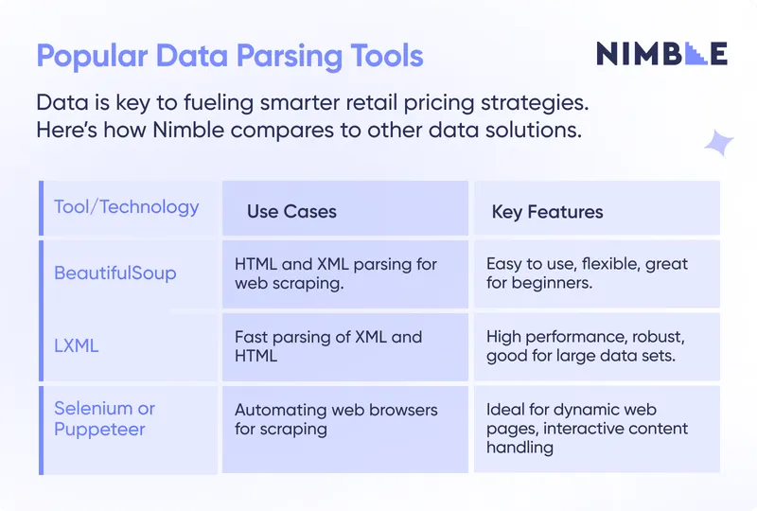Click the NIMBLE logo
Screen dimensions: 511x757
[x=661, y=54]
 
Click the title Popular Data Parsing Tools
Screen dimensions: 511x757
[x=230, y=56]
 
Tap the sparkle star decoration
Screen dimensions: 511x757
[x=718, y=143]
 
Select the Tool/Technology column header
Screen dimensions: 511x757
[x=127, y=207]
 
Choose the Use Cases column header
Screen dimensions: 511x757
[x=291, y=212]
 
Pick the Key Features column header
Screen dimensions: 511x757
[x=547, y=212]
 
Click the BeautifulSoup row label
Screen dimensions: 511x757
[x=115, y=273]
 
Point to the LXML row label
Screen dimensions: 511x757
[x=77, y=346]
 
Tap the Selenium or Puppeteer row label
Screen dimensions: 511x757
[x=104, y=418]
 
